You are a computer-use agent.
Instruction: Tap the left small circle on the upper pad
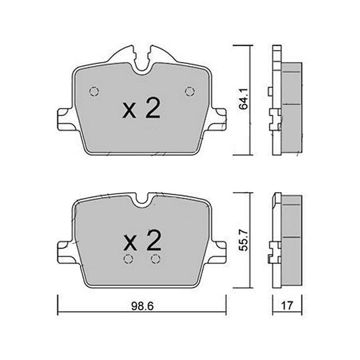tap(93, 91)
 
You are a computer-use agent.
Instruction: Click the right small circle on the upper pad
tap(189, 91)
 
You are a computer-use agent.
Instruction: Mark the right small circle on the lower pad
tap(155, 259)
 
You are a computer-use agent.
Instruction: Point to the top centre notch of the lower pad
tap(141, 199)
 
